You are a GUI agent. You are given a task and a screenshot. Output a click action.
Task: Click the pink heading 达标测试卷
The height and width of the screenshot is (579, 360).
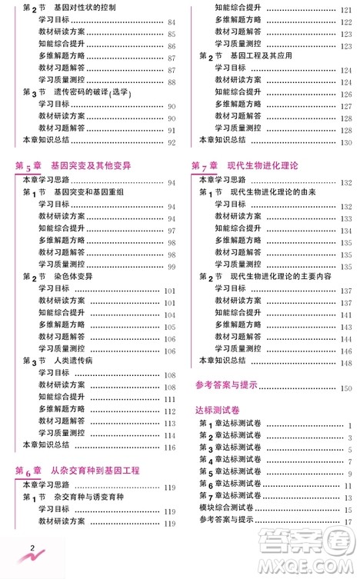click(219, 410)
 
